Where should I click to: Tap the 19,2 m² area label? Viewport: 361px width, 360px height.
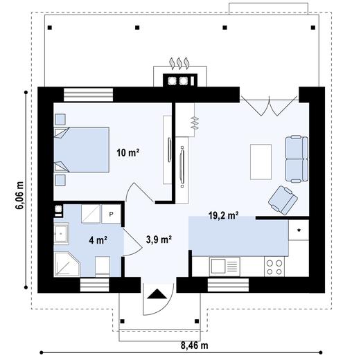pyautogui.click(x=223, y=215)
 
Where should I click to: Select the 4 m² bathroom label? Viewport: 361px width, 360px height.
pyautogui.click(x=98, y=241)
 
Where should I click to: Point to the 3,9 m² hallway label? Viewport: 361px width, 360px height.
pyautogui.click(x=159, y=240)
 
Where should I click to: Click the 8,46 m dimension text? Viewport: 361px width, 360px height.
pyautogui.click(x=195, y=345)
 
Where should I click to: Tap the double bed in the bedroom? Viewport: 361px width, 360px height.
pyautogui.click(x=81, y=150)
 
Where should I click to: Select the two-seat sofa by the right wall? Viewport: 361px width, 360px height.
pyautogui.click(x=295, y=159)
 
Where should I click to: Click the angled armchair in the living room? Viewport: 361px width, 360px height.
pyautogui.click(x=283, y=199)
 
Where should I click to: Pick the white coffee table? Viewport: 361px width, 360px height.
pyautogui.click(x=261, y=160)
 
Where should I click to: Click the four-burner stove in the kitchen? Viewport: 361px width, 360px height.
pyautogui.click(x=274, y=267)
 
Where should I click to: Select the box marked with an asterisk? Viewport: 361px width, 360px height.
pyautogui.click(x=299, y=230)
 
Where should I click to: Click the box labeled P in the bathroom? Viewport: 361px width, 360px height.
pyautogui.click(x=110, y=215)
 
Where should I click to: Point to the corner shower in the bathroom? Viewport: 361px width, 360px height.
pyautogui.click(x=67, y=264)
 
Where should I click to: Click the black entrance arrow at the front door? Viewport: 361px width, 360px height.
pyautogui.click(x=157, y=294)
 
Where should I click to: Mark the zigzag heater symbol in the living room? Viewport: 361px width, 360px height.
pyautogui.click(x=195, y=123)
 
